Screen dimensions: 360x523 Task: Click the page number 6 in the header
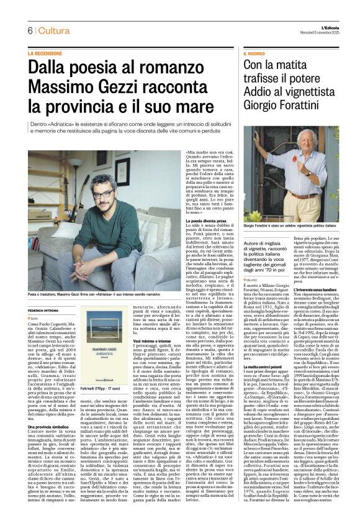(30, 31)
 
